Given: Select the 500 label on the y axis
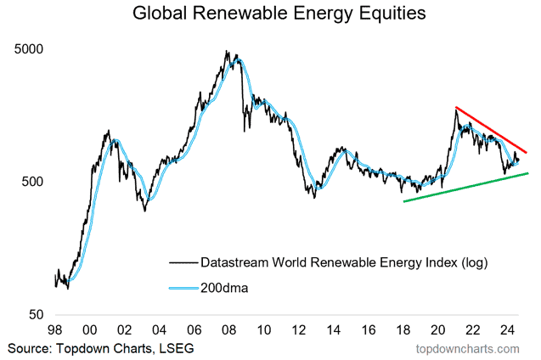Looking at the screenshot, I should click(30, 182).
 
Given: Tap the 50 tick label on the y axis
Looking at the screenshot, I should click(34, 315).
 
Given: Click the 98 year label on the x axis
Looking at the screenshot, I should click(54, 331).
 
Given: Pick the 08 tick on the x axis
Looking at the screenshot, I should click(228, 331).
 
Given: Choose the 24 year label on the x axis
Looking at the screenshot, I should click(508, 331).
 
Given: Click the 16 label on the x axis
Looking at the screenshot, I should click(368, 331).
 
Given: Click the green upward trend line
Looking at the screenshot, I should click(467, 187).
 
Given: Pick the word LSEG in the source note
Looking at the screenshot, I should click(172, 348).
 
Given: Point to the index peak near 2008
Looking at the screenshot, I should click(227, 52).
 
